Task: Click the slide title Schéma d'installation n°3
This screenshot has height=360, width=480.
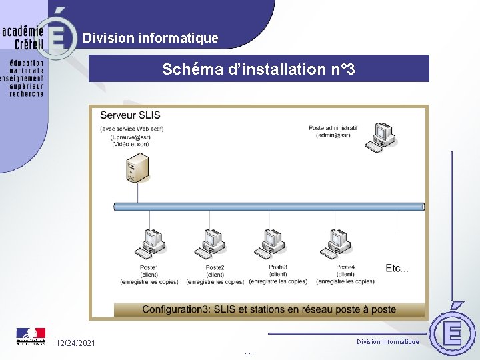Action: coord(259,69)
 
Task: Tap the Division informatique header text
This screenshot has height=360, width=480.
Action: coord(150,38)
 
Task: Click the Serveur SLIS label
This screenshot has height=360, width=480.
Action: coord(130,115)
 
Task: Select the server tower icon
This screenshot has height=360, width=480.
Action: coord(137,167)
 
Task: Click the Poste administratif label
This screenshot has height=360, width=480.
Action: coord(333,128)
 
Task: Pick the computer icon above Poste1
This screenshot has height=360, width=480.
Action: coord(149,243)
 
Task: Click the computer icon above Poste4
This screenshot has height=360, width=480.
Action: coord(338,243)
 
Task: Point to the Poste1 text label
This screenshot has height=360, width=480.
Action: coord(149,267)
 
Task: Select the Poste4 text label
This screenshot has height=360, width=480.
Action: coord(345,267)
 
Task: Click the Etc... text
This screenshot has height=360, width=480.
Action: coord(397,268)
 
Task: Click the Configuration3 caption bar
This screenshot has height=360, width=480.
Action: coord(269,309)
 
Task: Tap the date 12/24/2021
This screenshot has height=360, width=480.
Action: coord(75,343)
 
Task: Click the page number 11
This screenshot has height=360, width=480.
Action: coord(248,354)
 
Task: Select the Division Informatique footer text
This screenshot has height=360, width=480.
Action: coord(387,342)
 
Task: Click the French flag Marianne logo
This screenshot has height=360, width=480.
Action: coord(31,335)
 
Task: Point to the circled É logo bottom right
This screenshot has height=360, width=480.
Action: coord(453,331)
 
